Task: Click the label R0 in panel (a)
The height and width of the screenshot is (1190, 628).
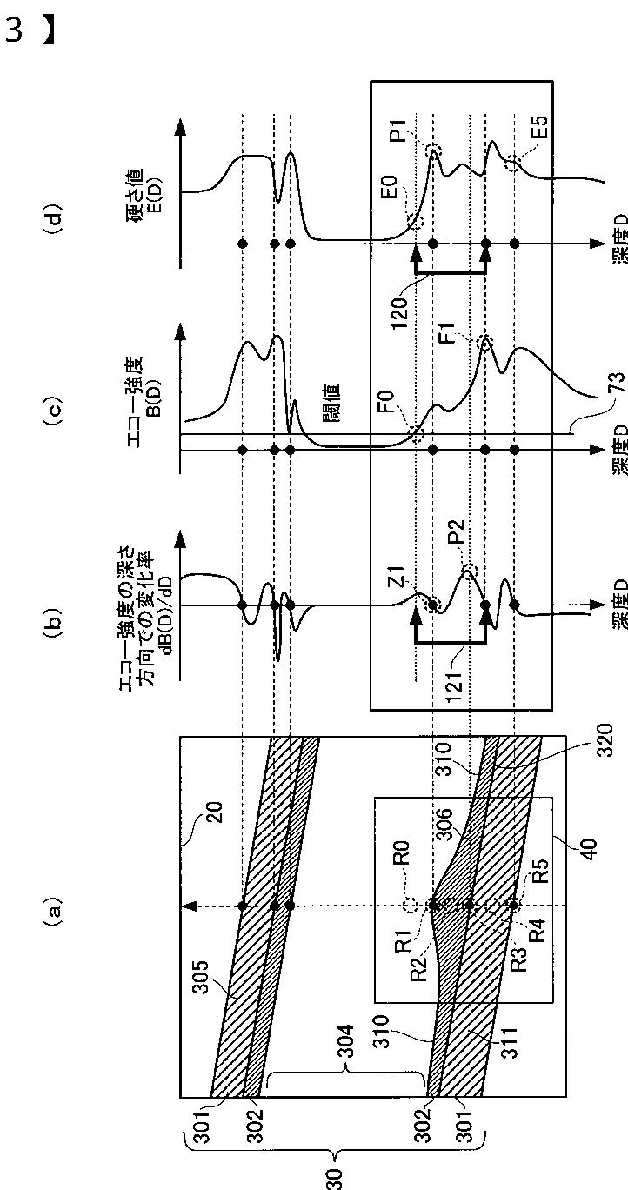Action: [401, 870]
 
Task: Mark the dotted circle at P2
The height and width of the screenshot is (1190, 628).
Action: [470, 571]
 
